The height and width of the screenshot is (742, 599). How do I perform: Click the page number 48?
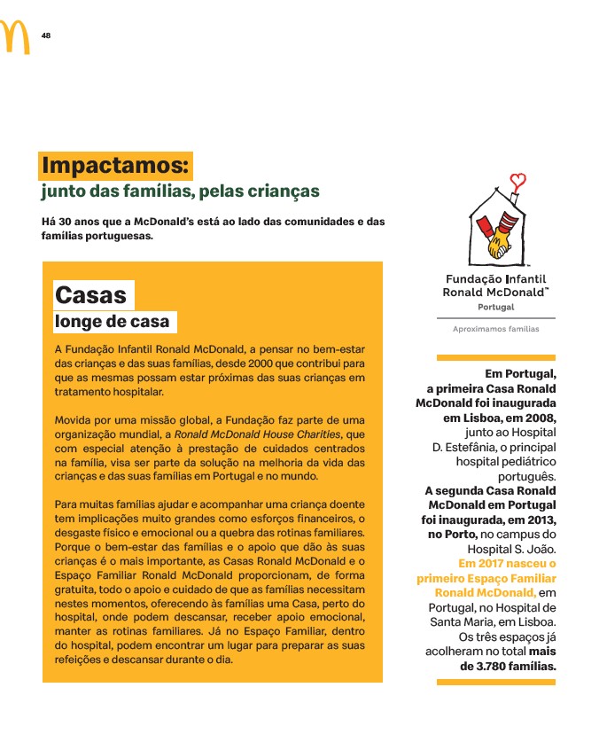tap(45, 35)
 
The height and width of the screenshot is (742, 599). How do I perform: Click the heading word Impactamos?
tap(116, 166)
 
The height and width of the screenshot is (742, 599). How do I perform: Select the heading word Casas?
tap(90, 294)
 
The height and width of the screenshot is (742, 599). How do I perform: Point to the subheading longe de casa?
tap(112, 322)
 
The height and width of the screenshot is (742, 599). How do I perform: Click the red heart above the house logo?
tap(519, 181)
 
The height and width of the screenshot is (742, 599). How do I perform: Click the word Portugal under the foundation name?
tap(495, 307)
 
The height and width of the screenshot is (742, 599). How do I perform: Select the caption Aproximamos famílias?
tap(495, 329)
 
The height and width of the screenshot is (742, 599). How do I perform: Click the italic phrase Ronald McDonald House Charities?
tap(257, 434)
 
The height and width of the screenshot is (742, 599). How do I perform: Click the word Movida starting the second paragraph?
tap(76, 419)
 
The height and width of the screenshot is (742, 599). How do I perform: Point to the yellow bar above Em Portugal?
tap(495, 357)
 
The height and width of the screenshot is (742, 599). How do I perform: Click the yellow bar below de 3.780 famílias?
tap(495, 682)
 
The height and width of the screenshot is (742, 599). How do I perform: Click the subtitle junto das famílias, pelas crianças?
tap(180, 191)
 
